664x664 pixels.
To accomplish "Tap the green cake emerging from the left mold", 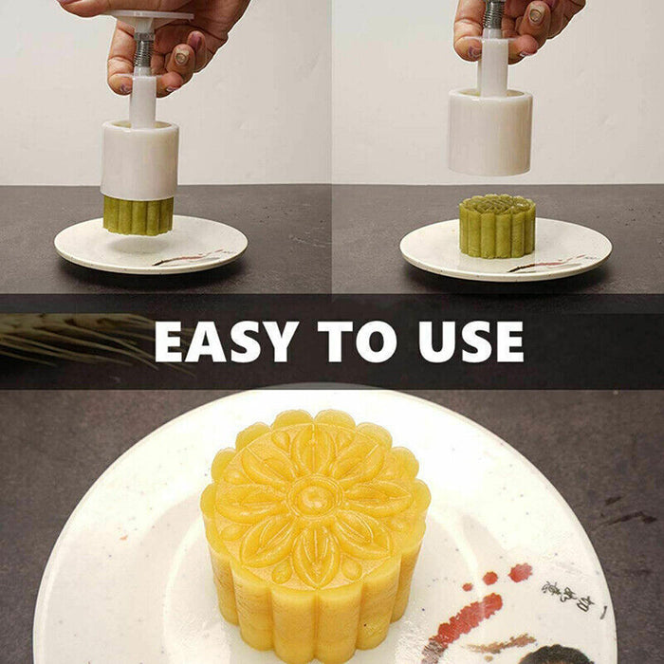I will click(138, 215).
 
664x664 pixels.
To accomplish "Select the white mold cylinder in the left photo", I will click(139, 160).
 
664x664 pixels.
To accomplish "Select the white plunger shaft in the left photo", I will click(143, 101).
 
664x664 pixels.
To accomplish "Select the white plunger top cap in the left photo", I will click(152, 18).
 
